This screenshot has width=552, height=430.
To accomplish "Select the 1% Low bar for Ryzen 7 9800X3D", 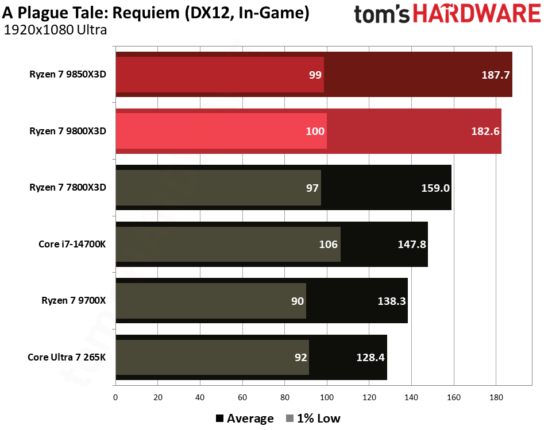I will [221, 131].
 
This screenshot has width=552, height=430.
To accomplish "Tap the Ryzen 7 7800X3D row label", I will [68, 188].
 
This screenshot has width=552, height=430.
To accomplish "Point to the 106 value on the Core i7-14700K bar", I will [328, 244].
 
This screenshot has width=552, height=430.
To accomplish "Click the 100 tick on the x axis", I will [327, 397].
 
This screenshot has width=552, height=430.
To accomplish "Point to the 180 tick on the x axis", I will [496, 397].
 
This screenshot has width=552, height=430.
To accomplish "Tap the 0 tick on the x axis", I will [115, 397].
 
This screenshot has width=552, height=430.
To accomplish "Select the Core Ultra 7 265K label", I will [67, 357].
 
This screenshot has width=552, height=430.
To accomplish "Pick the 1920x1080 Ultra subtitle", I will [55, 30].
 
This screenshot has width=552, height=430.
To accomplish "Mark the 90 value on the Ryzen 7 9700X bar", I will [297, 301].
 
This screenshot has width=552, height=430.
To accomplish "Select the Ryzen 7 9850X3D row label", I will [68, 75].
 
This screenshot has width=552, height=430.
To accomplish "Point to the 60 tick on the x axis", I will [242, 397].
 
